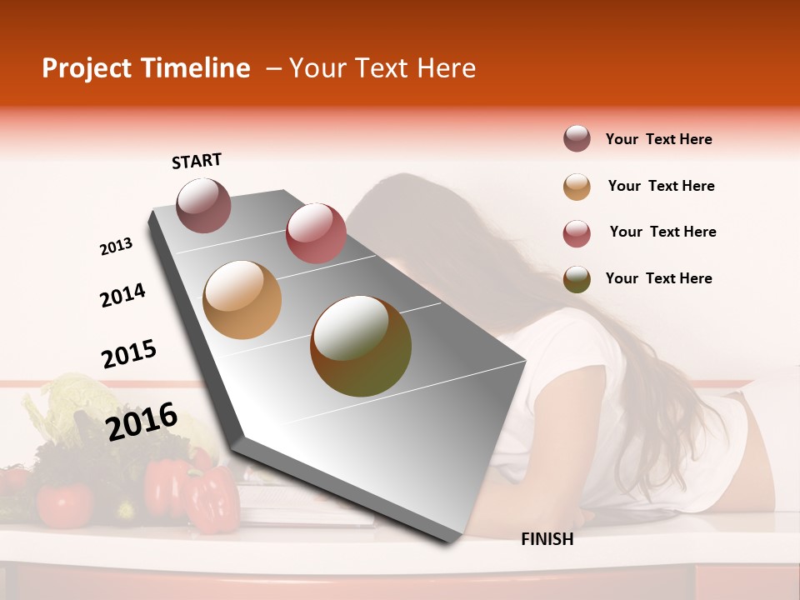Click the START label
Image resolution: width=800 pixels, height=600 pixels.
coord(197,161)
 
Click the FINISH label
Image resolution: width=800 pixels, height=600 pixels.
coord(547,539)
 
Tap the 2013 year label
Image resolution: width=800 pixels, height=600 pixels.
coord(116,247)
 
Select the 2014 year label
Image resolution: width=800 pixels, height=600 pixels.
coord(122,295)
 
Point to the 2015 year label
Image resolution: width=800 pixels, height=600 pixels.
coord(129,354)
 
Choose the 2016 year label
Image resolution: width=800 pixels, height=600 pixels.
coord(142,421)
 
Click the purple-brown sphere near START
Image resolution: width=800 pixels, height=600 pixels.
coord(203,205)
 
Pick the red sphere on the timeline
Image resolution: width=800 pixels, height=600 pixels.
coord(316,232)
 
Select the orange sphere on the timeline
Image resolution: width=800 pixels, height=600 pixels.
coord(242,300)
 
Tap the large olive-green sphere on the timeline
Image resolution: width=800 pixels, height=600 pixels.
coord(361,346)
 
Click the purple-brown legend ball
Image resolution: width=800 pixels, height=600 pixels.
coord(577,139)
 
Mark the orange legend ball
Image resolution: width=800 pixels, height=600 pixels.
coord(577,187)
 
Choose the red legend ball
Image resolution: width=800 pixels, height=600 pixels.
coord(577,233)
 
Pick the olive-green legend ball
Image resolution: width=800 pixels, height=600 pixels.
coord(577,279)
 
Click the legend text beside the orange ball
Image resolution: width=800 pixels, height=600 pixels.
coord(661,186)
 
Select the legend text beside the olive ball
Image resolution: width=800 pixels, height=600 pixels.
coord(658,278)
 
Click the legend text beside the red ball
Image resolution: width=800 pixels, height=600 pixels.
coord(662,232)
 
